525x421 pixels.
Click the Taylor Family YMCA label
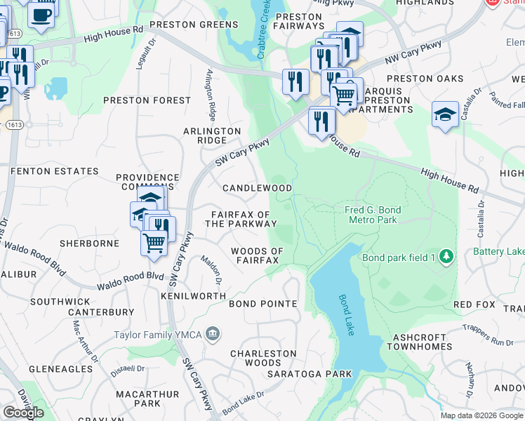click(161, 333)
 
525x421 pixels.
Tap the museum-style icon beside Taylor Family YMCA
click(215, 333)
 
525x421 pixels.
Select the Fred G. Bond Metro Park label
click(372, 215)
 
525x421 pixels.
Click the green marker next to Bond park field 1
click(444, 257)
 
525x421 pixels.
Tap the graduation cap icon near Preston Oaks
click(445, 114)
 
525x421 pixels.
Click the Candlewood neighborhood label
click(257, 188)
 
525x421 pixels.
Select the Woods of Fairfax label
click(257, 255)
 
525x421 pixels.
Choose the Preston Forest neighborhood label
click(147, 100)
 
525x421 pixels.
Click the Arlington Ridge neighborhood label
click(212, 135)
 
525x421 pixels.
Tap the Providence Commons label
click(147, 183)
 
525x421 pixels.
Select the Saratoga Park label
click(310, 374)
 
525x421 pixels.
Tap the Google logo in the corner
click(23, 412)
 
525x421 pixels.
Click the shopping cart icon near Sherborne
click(154, 243)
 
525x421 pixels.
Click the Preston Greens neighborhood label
click(194, 25)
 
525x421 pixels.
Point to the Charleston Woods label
click(255, 358)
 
